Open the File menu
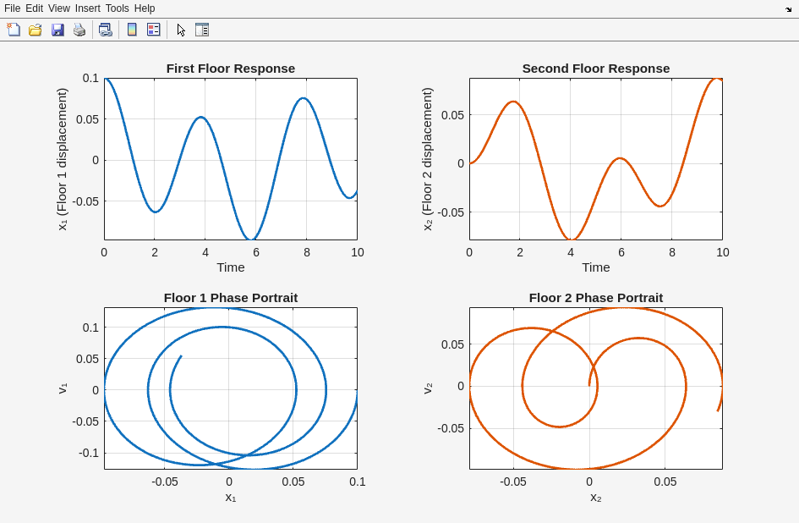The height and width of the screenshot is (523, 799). pos(12,8)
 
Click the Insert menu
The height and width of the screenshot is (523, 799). pos(87,8)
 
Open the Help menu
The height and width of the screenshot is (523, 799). pos(145,8)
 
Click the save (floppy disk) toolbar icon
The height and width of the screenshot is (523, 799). pos(57,30)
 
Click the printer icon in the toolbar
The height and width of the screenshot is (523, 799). pos(79,30)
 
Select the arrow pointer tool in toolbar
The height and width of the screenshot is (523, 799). pos(181,30)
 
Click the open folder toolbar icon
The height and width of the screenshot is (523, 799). pos(36,30)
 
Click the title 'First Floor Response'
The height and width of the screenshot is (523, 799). pos(230,69)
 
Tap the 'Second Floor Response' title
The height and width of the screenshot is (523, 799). pos(595,69)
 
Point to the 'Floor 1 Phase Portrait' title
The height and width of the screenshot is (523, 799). pos(230,298)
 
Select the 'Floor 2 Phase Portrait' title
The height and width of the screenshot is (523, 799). pos(595,298)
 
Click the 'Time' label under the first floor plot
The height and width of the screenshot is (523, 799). pos(230,267)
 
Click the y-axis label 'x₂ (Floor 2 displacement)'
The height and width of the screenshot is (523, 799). pos(428,159)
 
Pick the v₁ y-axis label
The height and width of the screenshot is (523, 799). pos(63,388)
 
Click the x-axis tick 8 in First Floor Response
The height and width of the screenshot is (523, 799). pos(307,252)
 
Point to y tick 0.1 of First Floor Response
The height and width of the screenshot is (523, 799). pos(90,78)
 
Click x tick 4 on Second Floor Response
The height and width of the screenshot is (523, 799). pos(571,252)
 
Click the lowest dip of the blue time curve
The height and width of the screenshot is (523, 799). pos(251,239)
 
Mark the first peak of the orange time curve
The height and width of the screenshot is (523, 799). pos(512,102)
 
